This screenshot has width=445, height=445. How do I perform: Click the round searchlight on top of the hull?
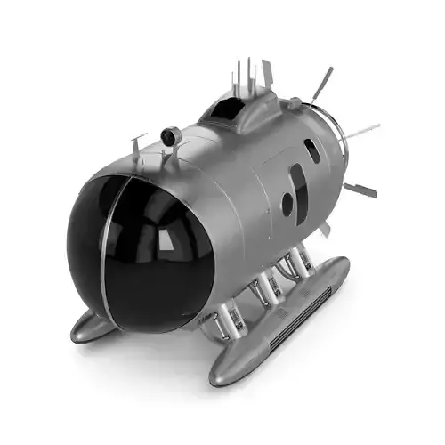[169, 136]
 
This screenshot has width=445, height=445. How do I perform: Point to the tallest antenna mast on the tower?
[249, 76]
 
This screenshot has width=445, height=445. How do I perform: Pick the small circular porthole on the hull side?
[287, 206]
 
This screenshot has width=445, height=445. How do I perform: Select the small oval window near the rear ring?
[311, 150]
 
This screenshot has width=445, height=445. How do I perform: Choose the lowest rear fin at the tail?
[360, 190]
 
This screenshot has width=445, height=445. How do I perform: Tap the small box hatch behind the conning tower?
[294, 104]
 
